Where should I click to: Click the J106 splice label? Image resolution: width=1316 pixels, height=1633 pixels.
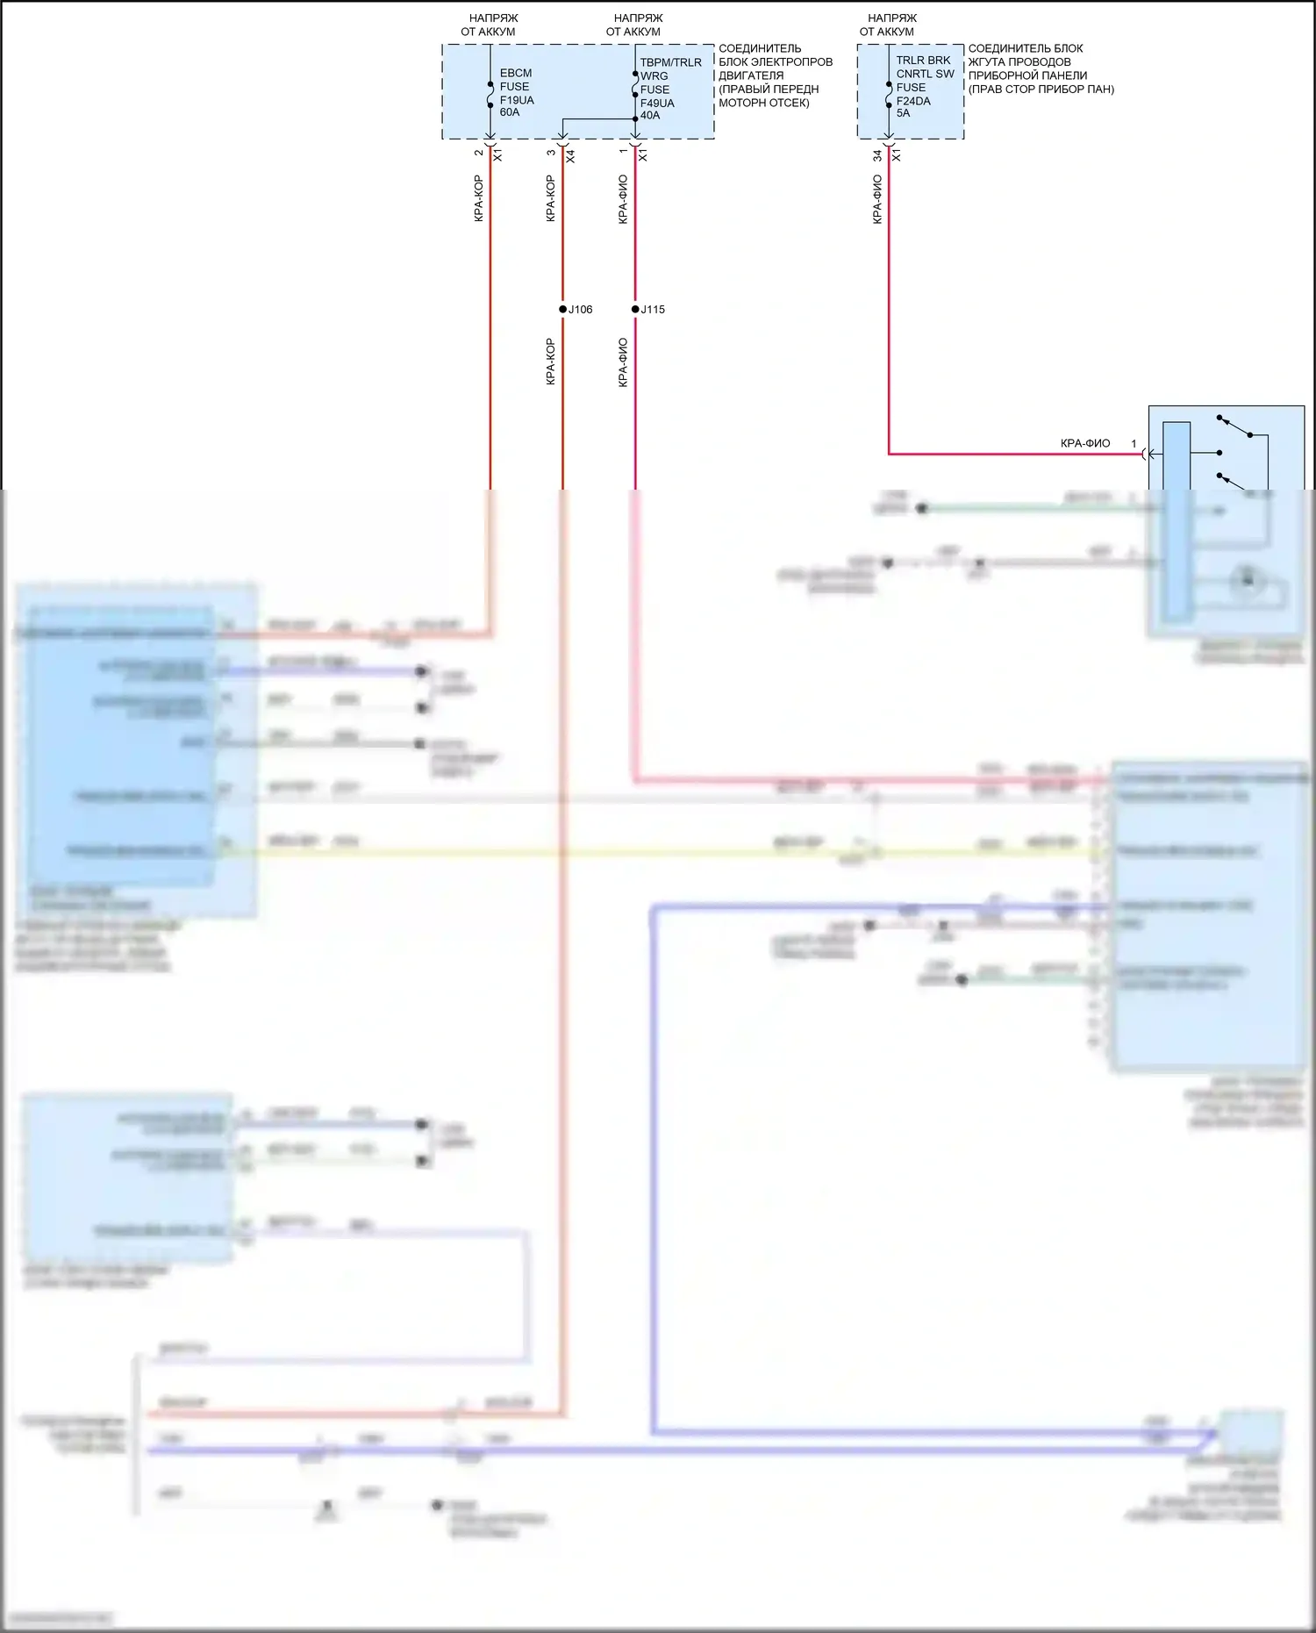tap(581, 310)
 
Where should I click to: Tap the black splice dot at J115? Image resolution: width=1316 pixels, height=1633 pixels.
tap(635, 310)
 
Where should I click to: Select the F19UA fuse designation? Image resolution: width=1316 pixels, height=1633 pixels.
tap(517, 100)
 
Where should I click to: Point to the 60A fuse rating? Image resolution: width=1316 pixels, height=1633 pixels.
tap(510, 112)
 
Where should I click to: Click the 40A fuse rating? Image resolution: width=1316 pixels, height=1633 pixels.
tap(650, 115)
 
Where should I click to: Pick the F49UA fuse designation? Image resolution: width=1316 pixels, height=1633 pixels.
tap(657, 103)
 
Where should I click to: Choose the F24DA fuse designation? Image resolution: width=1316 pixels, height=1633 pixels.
tap(913, 101)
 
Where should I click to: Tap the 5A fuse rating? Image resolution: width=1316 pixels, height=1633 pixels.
tap(903, 113)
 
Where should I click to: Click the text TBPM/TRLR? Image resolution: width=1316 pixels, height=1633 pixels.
tap(671, 62)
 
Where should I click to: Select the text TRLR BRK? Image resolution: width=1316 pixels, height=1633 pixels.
tap(923, 61)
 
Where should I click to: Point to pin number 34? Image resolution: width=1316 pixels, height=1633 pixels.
tap(876, 155)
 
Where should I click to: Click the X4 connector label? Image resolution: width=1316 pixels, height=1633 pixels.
tap(570, 155)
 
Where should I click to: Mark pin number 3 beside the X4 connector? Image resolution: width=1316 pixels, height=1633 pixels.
tap(551, 153)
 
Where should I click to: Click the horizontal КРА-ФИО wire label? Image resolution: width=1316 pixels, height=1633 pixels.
tap(1085, 444)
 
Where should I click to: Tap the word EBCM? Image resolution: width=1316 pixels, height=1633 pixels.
tap(516, 73)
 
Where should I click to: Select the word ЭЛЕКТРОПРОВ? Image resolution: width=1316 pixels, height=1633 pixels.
tap(792, 61)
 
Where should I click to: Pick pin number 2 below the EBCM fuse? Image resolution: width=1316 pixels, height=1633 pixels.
tap(478, 153)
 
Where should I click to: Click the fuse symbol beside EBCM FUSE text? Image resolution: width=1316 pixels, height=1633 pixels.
tap(490, 93)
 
